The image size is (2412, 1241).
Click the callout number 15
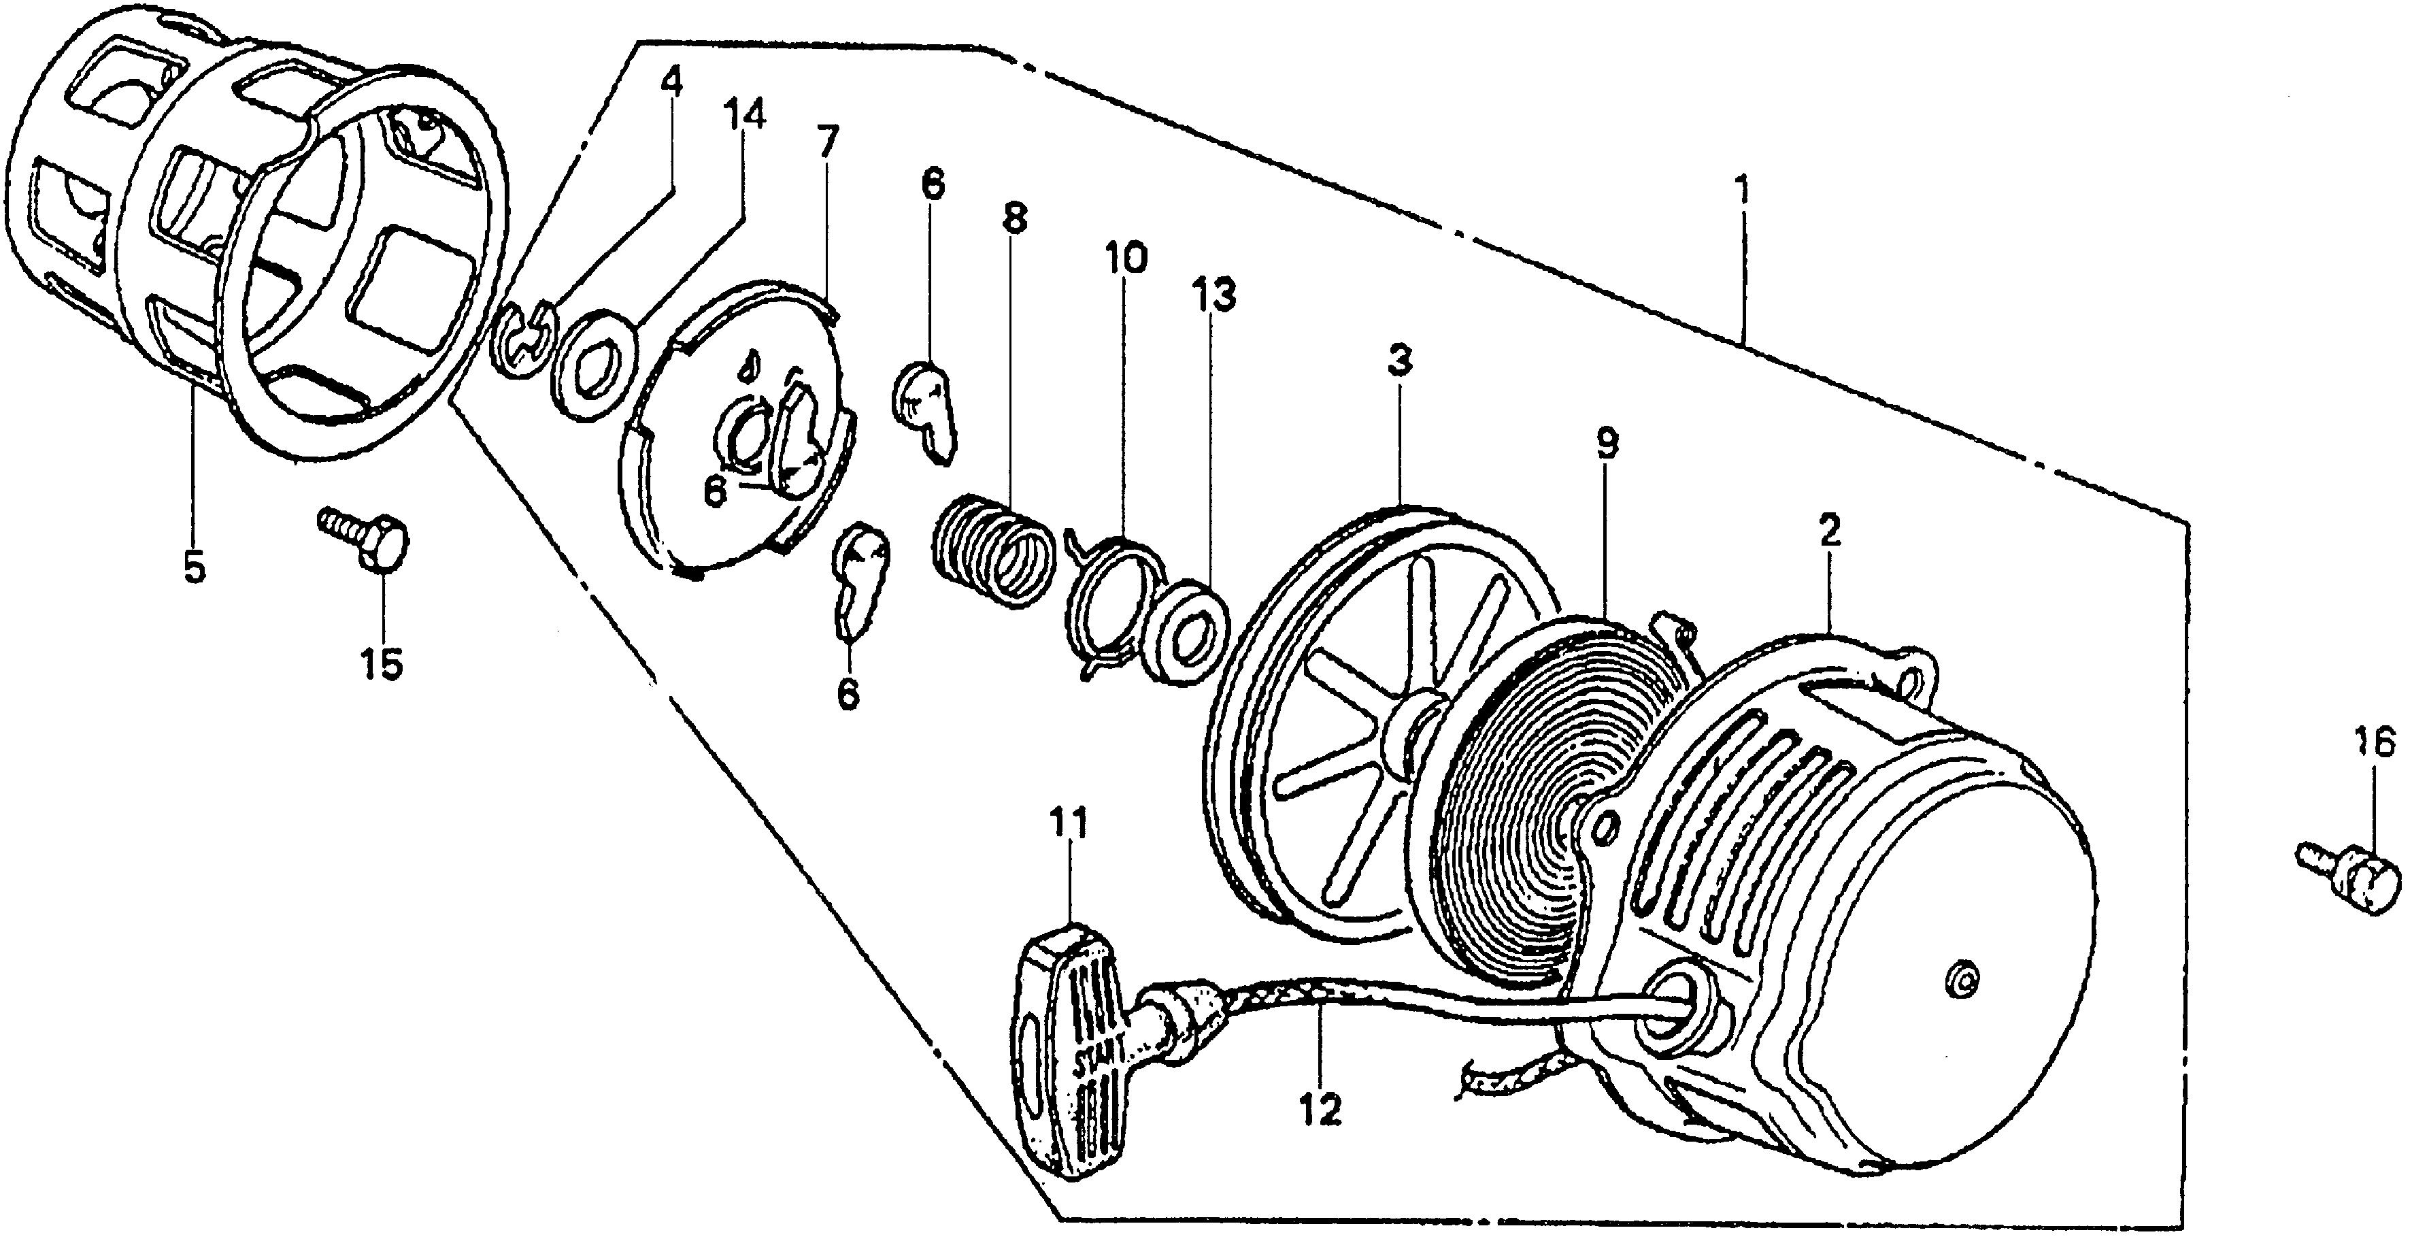click(382, 664)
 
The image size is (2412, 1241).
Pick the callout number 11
click(1069, 825)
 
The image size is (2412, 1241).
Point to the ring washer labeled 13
click(1183, 634)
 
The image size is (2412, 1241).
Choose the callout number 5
click(195, 567)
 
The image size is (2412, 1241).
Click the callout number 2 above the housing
click(1830, 531)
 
